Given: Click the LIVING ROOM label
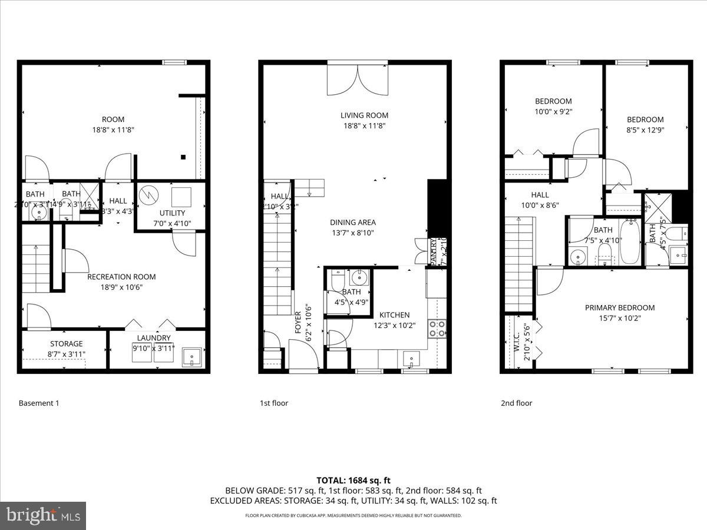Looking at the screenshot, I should tap(364, 115).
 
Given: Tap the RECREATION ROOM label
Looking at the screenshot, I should tap(121, 277).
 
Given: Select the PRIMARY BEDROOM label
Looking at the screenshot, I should tap(619, 307).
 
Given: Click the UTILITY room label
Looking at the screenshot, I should tap(172, 213).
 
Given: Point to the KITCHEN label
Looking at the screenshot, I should tap(394, 315).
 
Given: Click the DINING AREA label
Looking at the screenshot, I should tap(352, 223).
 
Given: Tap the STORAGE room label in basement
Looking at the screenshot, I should tap(66, 344).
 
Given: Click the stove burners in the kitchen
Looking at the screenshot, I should tap(437, 328).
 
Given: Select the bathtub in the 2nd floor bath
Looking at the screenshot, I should tap(629, 242).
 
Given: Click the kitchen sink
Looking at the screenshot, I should tap(410, 358).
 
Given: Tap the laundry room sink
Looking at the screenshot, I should tap(192, 357).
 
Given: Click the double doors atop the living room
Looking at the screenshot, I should tap(358, 79).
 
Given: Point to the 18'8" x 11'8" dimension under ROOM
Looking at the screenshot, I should tap(113, 130).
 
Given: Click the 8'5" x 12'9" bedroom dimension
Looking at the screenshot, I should tap(645, 130).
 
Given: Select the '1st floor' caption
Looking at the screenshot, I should tap(274, 403).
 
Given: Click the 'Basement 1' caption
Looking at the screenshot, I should tap(39, 403).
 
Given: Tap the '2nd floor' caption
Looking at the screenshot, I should tap(516, 403).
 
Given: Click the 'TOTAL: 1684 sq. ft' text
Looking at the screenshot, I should tap(353, 480).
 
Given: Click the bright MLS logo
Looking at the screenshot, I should tap(43, 515).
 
